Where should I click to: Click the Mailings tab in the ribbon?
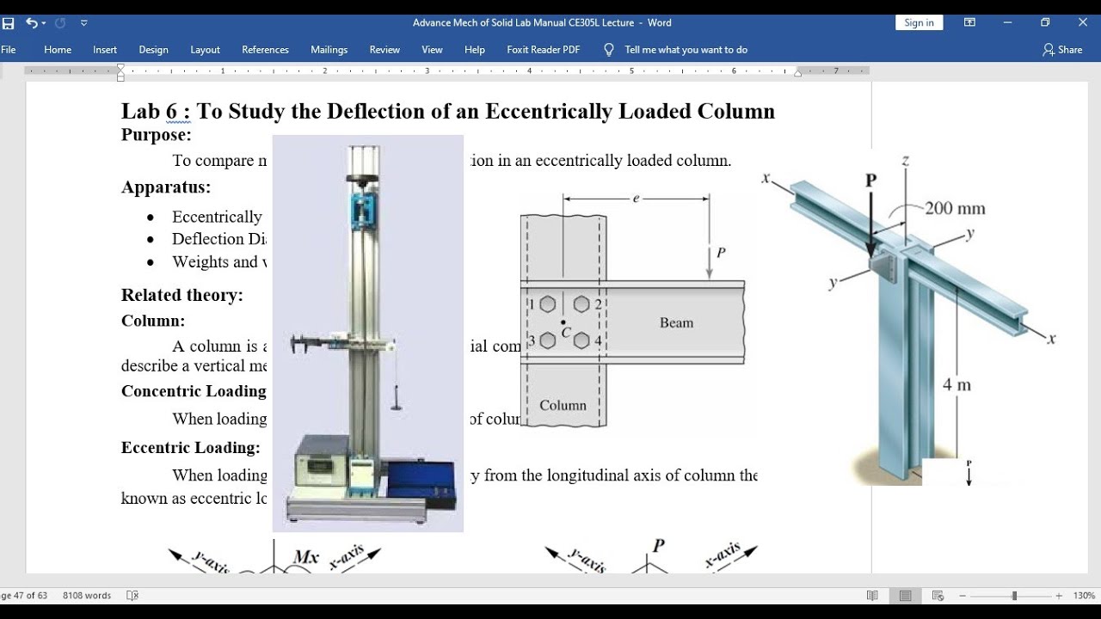(x=329, y=50)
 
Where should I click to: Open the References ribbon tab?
(x=265, y=50)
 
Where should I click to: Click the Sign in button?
(x=919, y=23)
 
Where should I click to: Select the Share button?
(x=1062, y=50)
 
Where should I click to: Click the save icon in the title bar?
(x=9, y=23)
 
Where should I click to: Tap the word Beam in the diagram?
(x=676, y=323)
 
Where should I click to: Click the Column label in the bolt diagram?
(x=563, y=406)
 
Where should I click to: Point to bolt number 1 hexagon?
(x=549, y=303)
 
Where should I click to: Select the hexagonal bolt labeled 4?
(x=581, y=340)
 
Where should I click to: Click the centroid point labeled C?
(x=563, y=322)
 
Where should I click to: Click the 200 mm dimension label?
(x=955, y=208)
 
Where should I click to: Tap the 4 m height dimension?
(x=956, y=385)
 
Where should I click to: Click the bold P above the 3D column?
(x=871, y=181)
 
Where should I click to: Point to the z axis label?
(x=905, y=160)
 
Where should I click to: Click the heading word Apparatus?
(x=166, y=187)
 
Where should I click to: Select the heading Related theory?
(x=182, y=296)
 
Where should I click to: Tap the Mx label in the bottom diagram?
(x=306, y=557)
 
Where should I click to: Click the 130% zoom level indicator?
(x=1084, y=596)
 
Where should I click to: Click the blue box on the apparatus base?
(x=421, y=485)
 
